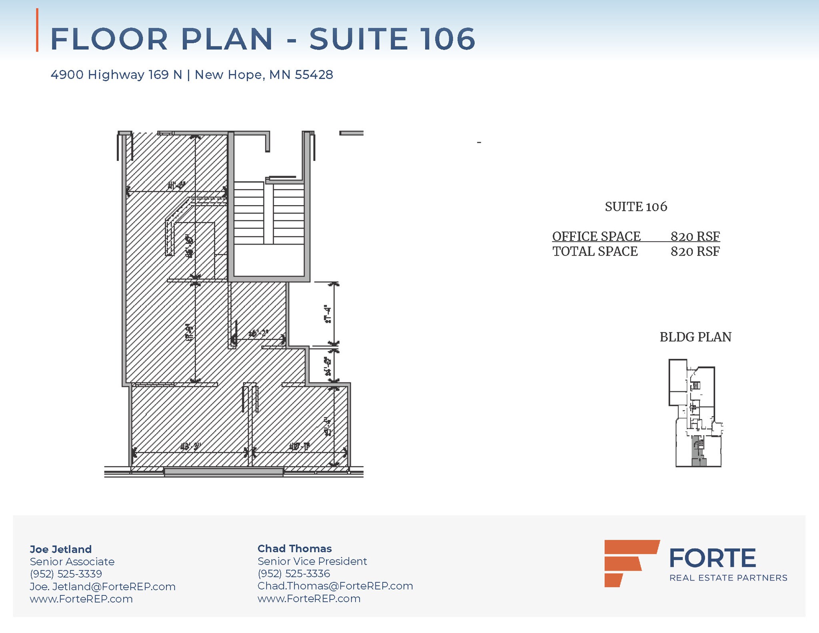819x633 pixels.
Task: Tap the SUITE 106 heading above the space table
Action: pyautogui.click(x=636, y=207)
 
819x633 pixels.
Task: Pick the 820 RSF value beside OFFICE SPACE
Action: pyautogui.click(x=695, y=236)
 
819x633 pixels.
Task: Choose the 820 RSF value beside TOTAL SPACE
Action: pyautogui.click(x=695, y=252)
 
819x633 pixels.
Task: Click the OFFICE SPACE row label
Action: pyautogui.click(x=596, y=236)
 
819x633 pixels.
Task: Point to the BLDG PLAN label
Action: pyautogui.click(x=695, y=337)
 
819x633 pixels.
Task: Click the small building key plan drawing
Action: pyautogui.click(x=695, y=412)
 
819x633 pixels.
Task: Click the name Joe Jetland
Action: pyautogui.click(x=61, y=549)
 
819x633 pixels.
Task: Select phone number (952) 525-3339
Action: pyautogui.click(x=66, y=574)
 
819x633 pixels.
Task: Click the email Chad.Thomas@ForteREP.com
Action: pyautogui.click(x=335, y=586)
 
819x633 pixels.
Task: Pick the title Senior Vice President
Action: pyautogui.click(x=312, y=561)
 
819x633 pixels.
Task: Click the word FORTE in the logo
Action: pyautogui.click(x=712, y=558)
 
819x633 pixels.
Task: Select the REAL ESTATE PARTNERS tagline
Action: pyautogui.click(x=728, y=578)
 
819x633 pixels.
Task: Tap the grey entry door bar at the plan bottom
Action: pyautogui.click(x=224, y=472)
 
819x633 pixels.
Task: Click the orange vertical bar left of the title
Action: pyautogui.click(x=37, y=30)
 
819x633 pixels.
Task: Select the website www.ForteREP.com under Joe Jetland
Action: pyautogui.click(x=81, y=599)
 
